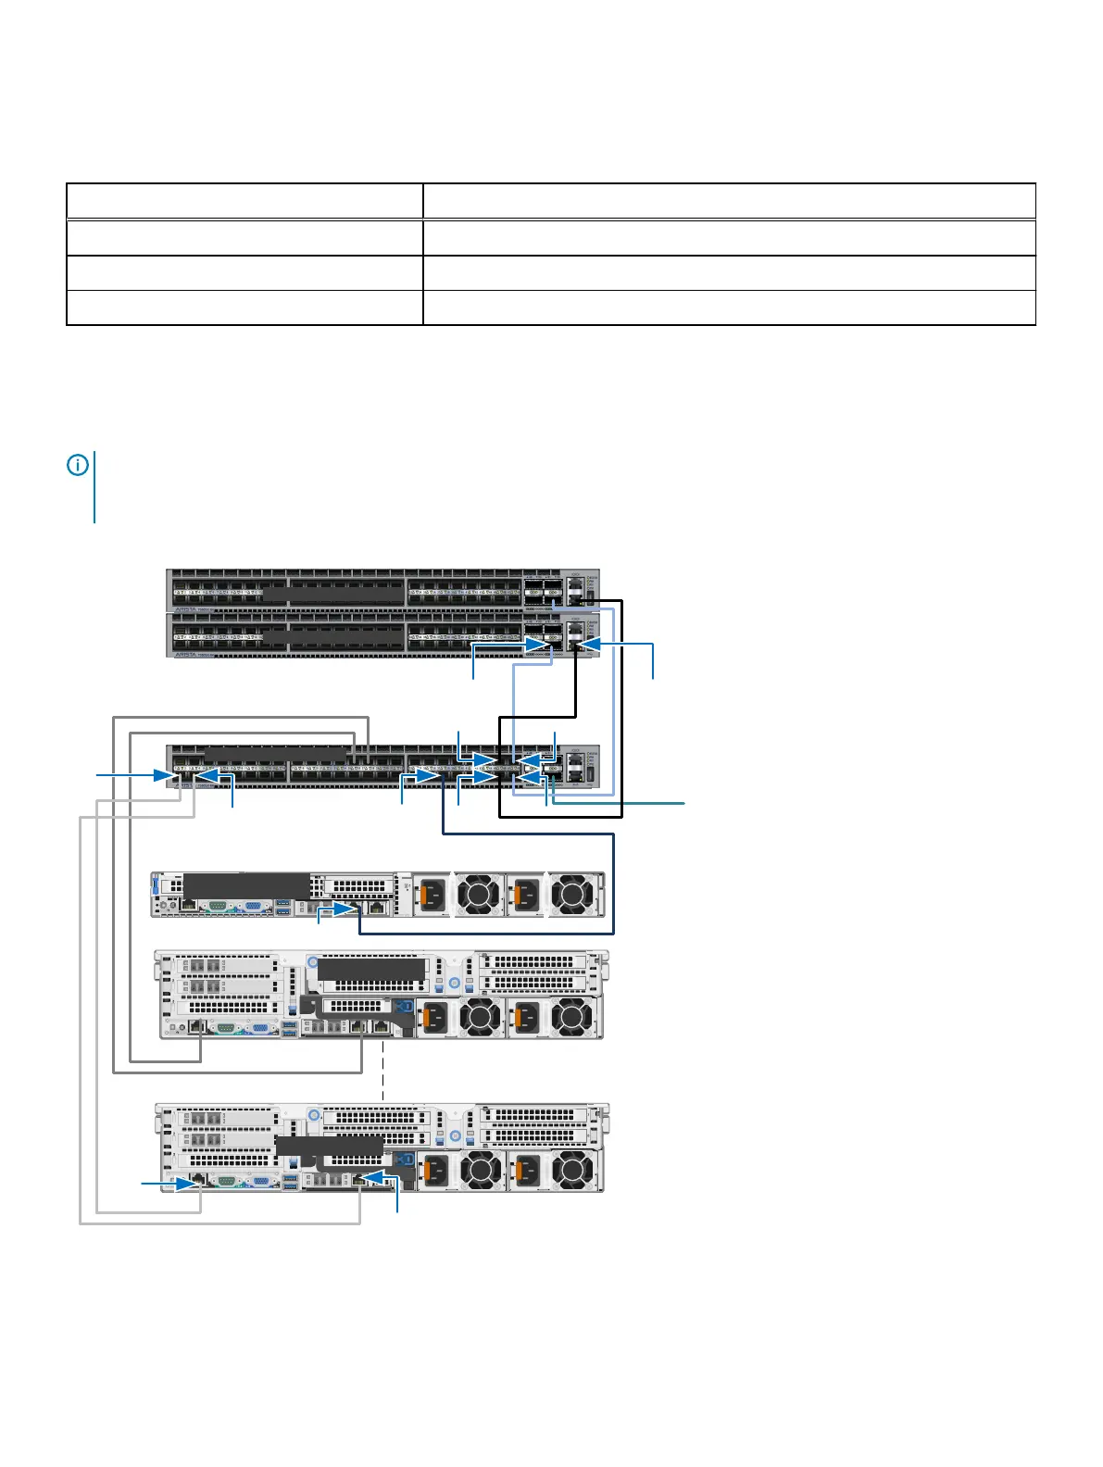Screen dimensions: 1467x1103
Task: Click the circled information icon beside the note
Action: pos(78,465)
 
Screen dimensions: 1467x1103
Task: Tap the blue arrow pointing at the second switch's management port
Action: pos(593,644)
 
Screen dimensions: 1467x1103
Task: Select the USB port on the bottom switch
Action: pos(591,772)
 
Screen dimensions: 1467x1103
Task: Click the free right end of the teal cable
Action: pos(684,803)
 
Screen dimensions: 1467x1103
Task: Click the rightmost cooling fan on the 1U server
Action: pos(572,896)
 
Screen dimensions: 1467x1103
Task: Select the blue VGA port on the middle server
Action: pos(262,1027)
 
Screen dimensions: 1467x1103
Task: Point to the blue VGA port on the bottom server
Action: pos(262,1181)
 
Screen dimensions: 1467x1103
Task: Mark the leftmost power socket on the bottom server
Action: pos(433,1172)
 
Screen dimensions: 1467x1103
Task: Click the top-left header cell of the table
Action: pos(244,201)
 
